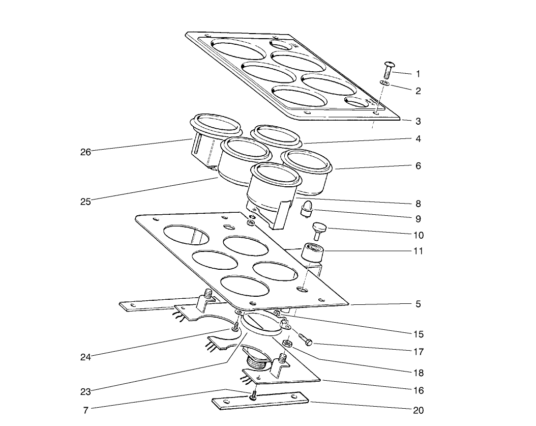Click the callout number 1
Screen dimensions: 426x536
(x=418, y=74)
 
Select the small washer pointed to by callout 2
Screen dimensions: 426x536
(x=385, y=83)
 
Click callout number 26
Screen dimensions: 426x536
(x=85, y=152)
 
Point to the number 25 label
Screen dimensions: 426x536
(x=85, y=202)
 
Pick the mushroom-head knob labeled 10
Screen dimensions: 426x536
(x=320, y=229)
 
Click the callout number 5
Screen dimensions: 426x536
(x=418, y=304)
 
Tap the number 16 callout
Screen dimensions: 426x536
(x=418, y=391)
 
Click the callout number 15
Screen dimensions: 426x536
(x=418, y=334)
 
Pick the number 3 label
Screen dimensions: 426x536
(x=418, y=122)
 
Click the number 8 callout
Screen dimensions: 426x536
(x=418, y=203)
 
